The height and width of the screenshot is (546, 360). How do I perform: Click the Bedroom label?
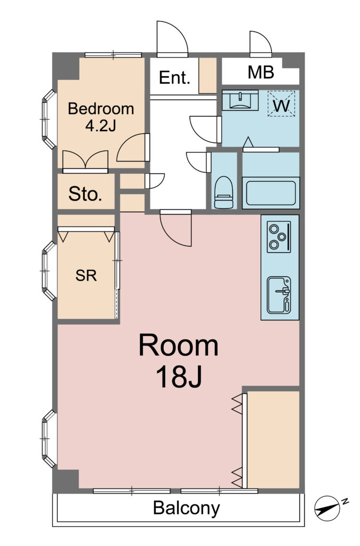click(x=101, y=109)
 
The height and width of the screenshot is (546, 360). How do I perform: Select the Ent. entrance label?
click(x=174, y=77)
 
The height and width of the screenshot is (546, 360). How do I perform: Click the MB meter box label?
click(x=261, y=72)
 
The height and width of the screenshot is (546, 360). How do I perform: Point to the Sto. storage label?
click(x=85, y=194)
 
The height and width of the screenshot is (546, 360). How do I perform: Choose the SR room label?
click(x=86, y=276)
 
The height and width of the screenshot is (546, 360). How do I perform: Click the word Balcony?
click(x=187, y=508)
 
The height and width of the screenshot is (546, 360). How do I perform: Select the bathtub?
click(x=271, y=193)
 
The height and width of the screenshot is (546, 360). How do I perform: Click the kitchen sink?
click(x=279, y=295)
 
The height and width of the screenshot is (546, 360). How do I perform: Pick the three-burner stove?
click(x=279, y=237)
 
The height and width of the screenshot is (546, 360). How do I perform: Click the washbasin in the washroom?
click(x=240, y=100)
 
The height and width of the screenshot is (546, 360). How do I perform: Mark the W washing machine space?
click(x=282, y=103)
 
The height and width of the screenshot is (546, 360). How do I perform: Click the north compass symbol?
click(x=327, y=508)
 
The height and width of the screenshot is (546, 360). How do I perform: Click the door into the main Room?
click(x=176, y=228)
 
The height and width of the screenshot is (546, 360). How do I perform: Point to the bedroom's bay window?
click(x=49, y=119)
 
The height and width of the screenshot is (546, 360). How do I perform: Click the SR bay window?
click(x=49, y=270)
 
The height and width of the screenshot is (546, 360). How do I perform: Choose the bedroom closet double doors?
click(x=85, y=161)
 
